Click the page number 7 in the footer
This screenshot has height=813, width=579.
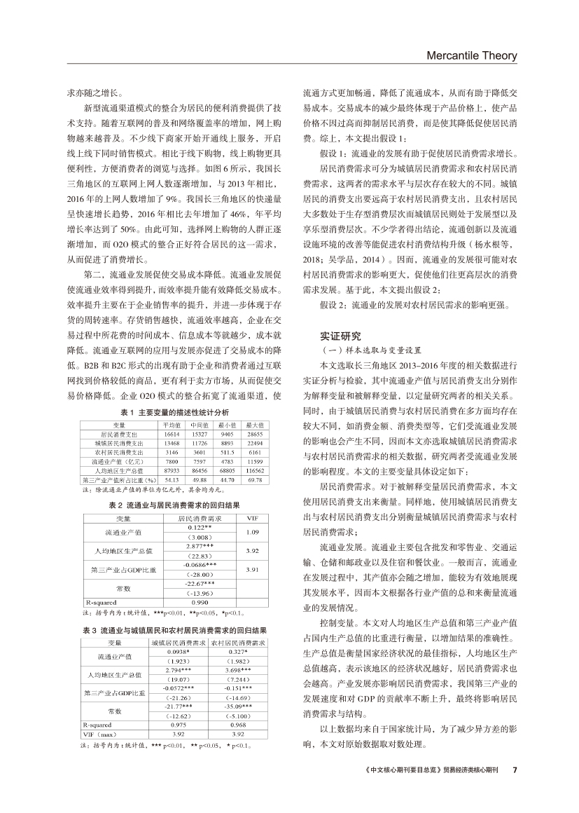click(x=515, y=769)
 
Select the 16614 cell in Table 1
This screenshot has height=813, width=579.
click(x=172, y=435)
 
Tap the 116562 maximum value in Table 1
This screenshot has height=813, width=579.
click(x=255, y=470)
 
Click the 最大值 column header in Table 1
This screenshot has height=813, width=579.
click(x=255, y=425)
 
